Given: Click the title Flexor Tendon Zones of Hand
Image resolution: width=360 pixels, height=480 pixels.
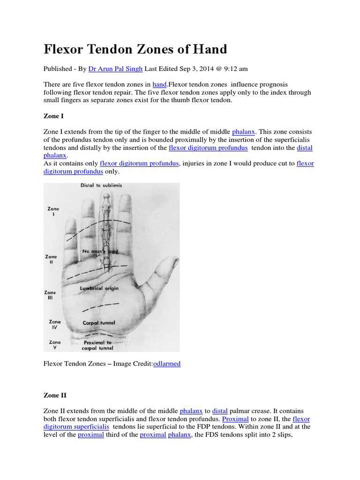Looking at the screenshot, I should click(x=135, y=49).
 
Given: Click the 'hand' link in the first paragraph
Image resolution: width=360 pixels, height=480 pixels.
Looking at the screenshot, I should click(x=159, y=84).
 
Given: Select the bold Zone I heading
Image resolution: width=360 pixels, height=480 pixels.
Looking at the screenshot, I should click(x=54, y=116).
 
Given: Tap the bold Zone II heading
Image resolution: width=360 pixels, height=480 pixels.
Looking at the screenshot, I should click(x=55, y=395).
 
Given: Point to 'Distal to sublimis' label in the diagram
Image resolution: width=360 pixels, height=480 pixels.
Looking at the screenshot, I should click(x=101, y=186).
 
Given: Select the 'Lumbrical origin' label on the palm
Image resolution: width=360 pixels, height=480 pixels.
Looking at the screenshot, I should click(x=99, y=289).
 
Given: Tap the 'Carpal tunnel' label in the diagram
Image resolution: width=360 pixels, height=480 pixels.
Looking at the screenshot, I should click(x=98, y=323).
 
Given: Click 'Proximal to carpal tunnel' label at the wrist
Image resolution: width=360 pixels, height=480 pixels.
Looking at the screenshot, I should click(x=97, y=345).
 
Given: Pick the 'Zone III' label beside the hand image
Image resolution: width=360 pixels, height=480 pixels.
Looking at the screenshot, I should click(x=50, y=295).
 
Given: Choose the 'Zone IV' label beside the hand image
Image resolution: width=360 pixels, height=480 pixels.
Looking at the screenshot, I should click(x=55, y=324).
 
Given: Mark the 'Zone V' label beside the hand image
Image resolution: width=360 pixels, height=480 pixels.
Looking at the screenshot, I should click(x=55, y=345).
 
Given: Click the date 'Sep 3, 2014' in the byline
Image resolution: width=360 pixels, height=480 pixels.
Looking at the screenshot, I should click(x=195, y=68).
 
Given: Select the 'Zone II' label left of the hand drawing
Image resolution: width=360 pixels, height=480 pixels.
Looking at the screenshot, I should click(x=51, y=260).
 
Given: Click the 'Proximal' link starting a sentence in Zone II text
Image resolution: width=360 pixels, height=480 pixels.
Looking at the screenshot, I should click(x=235, y=419).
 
